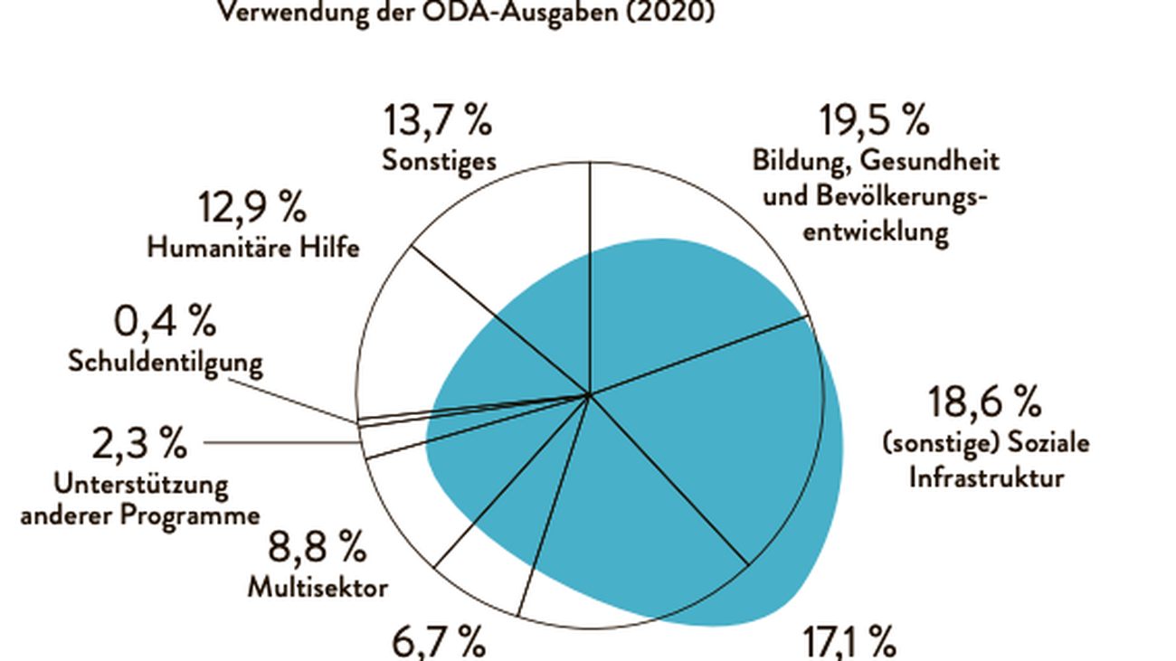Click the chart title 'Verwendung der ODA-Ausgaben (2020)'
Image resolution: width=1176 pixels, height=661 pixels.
(x=464, y=14)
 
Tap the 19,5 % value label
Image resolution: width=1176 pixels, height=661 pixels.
(x=874, y=119)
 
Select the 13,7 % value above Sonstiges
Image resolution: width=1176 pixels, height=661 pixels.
(x=438, y=119)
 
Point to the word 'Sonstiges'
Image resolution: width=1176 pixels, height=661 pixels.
(x=439, y=161)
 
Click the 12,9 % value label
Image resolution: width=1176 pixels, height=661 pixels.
(x=252, y=208)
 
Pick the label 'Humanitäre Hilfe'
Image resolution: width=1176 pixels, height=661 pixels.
(x=253, y=248)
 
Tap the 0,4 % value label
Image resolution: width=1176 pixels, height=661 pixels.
(x=165, y=321)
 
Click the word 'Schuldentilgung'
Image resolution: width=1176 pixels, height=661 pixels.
(x=166, y=362)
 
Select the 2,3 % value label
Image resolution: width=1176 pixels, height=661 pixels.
(x=139, y=444)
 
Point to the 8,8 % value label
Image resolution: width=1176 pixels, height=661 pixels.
(x=317, y=547)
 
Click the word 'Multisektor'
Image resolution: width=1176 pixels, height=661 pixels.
(x=318, y=588)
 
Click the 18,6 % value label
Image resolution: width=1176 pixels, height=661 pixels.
(x=985, y=400)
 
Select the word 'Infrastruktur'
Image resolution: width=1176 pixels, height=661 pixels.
(x=986, y=477)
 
